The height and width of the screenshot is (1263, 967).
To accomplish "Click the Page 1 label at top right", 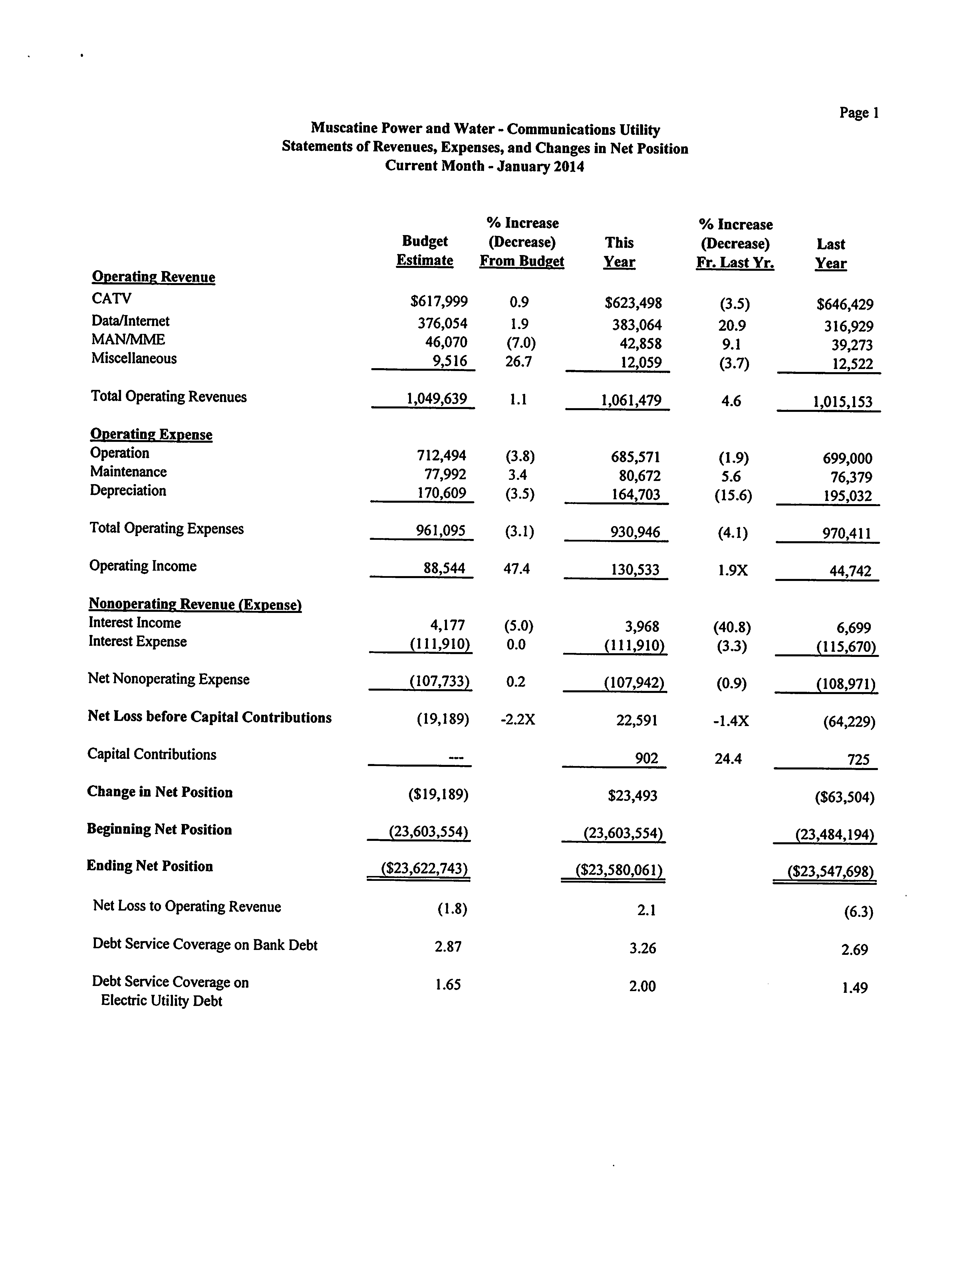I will click(858, 113).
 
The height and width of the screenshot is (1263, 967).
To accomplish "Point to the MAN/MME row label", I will click(128, 340).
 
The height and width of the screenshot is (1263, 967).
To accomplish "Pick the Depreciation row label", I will click(128, 491).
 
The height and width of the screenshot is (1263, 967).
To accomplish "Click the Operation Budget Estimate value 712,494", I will click(442, 456).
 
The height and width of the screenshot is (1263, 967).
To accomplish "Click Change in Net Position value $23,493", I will click(632, 796).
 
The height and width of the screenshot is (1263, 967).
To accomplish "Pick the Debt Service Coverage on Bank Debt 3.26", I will click(642, 948).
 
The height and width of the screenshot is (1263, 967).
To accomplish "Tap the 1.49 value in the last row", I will click(854, 988).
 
